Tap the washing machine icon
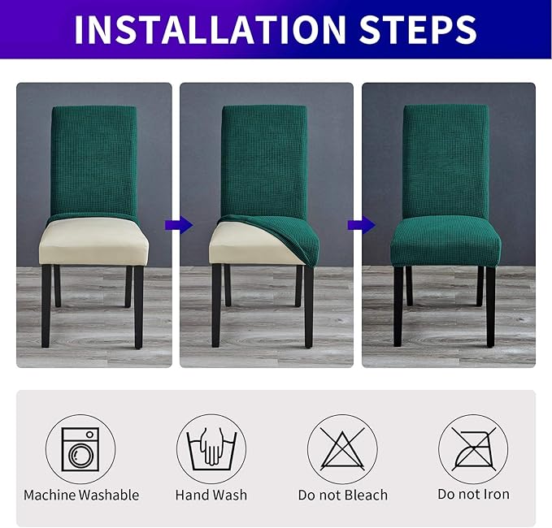(80, 449)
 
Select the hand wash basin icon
(211, 449)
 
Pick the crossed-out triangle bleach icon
(342, 449)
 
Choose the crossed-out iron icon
(473, 449)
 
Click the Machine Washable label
(81, 495)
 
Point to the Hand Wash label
(211, 495)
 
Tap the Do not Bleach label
(342, 495)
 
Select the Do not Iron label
(473, 495)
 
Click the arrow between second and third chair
(356, 225)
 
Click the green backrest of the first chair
(93, 158)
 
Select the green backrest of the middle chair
(264, 158)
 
